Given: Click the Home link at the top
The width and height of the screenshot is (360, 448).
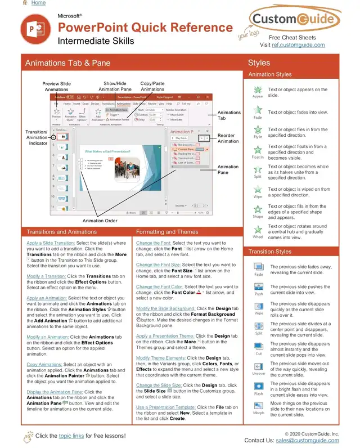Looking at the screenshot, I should click(38, 3).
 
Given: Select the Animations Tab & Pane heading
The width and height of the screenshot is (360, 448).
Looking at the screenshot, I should click(67, 63).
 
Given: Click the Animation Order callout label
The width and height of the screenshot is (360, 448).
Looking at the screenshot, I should click(100, 221).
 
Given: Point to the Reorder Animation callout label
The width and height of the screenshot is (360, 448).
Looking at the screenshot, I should click(228, 138).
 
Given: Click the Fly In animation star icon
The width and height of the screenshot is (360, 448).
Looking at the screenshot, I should click(258, 131).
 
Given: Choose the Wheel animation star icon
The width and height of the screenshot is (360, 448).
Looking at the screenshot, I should click(258, 230).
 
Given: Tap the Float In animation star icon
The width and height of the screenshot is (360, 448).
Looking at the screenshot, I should click(258, 150).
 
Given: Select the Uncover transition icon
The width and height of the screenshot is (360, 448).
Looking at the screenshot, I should click(259, 366).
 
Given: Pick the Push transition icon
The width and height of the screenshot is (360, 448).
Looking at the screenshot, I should click(259, 286).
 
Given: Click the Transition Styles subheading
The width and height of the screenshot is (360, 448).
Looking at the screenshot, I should click(270, 252).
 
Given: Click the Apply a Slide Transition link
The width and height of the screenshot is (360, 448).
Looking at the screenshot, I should click(55, 243).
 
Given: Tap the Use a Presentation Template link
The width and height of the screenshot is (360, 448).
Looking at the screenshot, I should click(166, 407).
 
